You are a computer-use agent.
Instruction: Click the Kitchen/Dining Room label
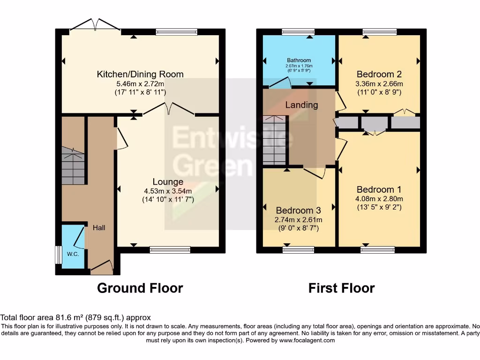pyautogui.click(x=140, y=74)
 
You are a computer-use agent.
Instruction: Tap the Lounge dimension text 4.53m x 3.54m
pyautogui.click(x=168, y=191)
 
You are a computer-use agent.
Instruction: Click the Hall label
pyautogui.click(x=98, y=228)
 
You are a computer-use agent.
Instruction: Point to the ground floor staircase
pyautogui.click(x=73, y=166)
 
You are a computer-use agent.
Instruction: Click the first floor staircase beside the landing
pyautogui.click(x=274, y=141)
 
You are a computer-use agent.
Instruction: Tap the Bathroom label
pyautogui.click(x=299, y=60)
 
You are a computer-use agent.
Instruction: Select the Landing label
pyautogui.click(x=302, y=105)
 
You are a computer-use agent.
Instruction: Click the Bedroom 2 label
pyautogui.click(x=379, y=74)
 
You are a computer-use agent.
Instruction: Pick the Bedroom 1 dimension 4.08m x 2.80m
pyautogui.click(x=379, y=198)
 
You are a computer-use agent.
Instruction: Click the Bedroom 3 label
pyautogui.click(x=299, y=210)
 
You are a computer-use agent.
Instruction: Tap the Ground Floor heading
pyautogui.click(x=140, y=288)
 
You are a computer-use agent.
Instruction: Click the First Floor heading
pyautogui.click(x=341, y=288)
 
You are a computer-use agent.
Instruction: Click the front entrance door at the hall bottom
pyautogui.click(x=102, y=268)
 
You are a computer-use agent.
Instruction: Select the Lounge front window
pyautogui.click(x=170, y=250)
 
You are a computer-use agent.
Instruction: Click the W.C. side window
pyautogui.click(x=58, y=255)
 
